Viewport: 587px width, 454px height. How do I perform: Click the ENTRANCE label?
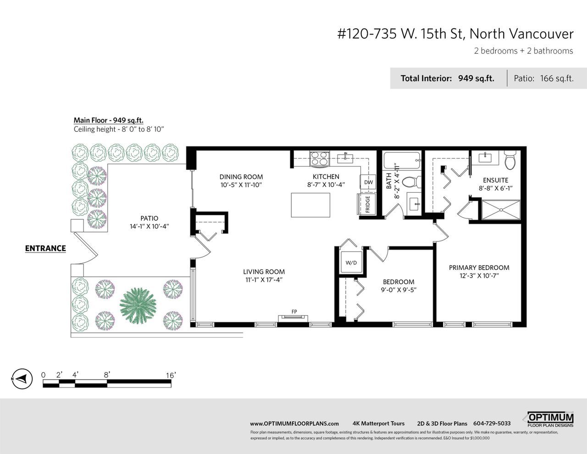pyautogui.click(x=45, y=248)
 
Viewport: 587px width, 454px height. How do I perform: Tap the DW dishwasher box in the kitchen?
pyautogui.click(x=368, y=182)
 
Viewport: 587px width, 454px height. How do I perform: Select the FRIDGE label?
pyautogui.click(x=367, y=204)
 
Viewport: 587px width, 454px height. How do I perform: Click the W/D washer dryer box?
pyautogui.click(x=351, y=262)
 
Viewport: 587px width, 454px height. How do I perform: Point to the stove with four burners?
pyautogui.click(x=320, y=158)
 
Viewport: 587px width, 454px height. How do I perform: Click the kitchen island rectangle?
pyautogui.click(x=310, y=205)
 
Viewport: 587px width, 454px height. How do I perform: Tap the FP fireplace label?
pyautogui.click(x=294, y=312)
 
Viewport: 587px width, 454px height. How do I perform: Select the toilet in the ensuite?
pyautogui.click(x=510, y=160)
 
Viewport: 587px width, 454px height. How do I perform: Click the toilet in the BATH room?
pyautogui.click(x=411, y=182)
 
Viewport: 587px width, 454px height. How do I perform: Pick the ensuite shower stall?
pyautogui.click(x=501, y=210)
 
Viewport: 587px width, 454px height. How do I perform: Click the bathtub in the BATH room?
pyautogui.click(x=402, y=160)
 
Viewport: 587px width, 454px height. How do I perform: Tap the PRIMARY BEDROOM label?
pyautogui.click(x=479, y=268)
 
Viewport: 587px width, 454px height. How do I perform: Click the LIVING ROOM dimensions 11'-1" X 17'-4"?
pyautogui.click(x=264, y=280)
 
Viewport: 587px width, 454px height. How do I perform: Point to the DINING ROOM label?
pyautogui.click(x=241, y=177)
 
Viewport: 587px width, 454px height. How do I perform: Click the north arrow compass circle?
pyautogui.click(x=22, y=379)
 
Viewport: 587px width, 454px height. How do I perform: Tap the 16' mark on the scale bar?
pyautogui.click(x=171, y=375)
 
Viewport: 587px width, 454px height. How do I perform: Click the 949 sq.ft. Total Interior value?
pyautogui.click(x=476, y=78)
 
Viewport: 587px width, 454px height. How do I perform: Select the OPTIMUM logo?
pyautogui.click(x=550, y=420)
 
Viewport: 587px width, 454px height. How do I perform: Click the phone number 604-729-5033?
pyautogui.click(x=492, y=423)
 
